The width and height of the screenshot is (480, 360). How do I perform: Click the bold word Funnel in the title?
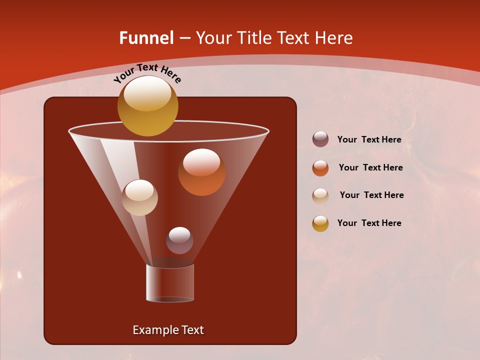[x=146, y=38]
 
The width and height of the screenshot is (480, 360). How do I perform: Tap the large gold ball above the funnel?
[x=147, y=106]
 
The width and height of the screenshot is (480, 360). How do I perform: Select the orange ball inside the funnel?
[x=201, y=172]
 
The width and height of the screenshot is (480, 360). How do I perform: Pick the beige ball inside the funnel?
[x=139, y=197]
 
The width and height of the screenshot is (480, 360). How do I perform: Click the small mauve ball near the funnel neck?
[x=179, y=240]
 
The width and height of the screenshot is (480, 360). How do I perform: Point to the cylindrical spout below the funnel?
[x=170, y=282]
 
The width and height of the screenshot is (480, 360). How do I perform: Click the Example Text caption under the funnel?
[x=168, y=330]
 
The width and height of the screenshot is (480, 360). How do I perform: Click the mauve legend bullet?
[x=320, y=139]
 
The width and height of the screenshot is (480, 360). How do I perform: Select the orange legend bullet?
[x=320, y=168]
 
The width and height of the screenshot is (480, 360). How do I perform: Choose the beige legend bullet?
[x=320, y=196]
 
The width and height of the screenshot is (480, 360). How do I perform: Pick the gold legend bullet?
[x=320, y=223]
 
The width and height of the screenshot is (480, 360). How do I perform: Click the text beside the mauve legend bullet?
[x=369, y=139]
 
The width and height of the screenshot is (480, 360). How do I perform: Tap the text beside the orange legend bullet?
[x=370, y=167]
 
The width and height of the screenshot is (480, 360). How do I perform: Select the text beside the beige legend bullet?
[x=371, y=195]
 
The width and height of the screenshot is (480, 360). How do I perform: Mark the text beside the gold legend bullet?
[x=369, y=223]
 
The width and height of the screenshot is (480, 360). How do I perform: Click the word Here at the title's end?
[x=334, y=38]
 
